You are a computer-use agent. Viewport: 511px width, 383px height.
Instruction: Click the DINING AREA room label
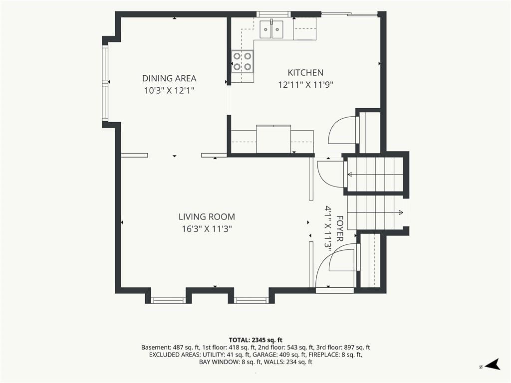(x=169, y=78)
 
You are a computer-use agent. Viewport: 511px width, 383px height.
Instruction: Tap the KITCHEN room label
(x=305, y=73)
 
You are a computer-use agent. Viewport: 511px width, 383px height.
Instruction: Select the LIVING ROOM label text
(x=207, y=217)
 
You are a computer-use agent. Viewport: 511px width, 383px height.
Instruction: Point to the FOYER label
(x=340, y=228)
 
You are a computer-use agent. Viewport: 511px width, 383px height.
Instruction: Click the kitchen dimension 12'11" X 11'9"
(x=305, y=85)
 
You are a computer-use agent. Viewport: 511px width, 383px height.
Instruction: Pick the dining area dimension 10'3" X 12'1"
(x=169, y=91)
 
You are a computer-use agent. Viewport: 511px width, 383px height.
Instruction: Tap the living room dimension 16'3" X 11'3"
(x=207, y=229)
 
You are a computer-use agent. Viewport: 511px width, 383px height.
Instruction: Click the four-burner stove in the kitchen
(x=242, y=61)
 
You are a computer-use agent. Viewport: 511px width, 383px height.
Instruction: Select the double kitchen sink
(x=271, y=29)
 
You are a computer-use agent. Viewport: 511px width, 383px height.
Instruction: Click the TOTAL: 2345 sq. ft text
(x=255, y=341)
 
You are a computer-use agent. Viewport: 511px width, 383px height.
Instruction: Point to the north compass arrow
(x=493, y=365)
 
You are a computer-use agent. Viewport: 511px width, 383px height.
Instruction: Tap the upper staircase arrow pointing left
(x=375, y=175)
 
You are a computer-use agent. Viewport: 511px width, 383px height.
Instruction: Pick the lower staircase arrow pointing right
(x=375, y=212)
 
